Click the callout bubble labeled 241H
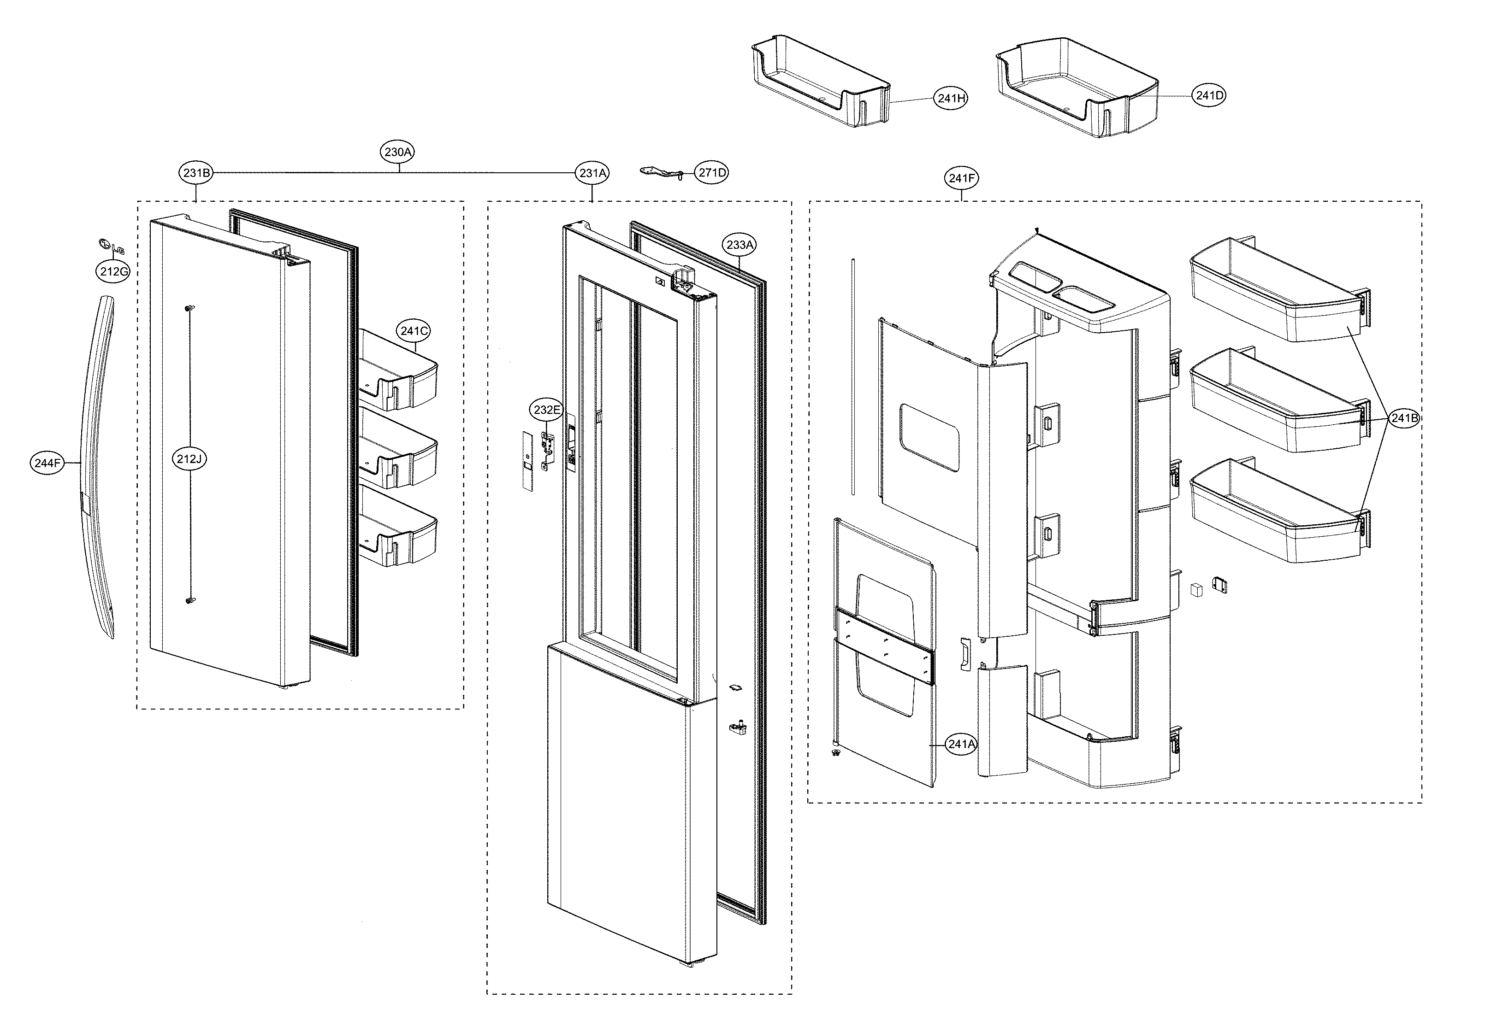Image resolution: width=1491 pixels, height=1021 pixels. (950, 99)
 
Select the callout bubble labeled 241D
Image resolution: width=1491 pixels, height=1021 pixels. (1209, 95)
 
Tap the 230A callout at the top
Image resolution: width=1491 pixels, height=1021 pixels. (398, 152)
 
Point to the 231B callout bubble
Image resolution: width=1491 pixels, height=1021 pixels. (195, 172)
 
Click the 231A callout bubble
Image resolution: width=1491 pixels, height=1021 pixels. (592, 172)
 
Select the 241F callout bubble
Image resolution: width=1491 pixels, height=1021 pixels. (961, 178)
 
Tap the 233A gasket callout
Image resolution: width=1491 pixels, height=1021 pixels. (740, 244)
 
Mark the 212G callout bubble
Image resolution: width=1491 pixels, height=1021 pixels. (113, 271)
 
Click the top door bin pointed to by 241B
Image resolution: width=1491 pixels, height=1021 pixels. (1277, 292)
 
